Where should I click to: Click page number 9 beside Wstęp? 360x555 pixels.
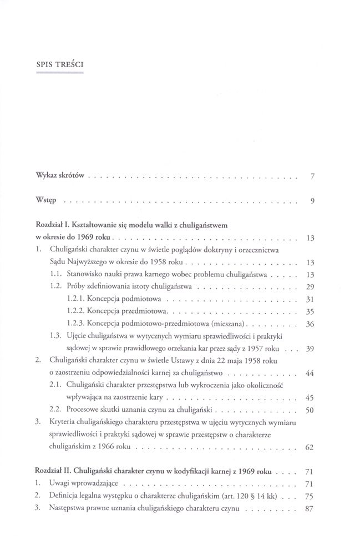coord(313,201)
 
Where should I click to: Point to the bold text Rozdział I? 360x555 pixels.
coord(50,225)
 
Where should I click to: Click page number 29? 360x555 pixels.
coord(311,287)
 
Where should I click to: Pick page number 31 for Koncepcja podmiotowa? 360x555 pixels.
coord(311,299)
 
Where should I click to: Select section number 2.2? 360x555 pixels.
coord(56,410)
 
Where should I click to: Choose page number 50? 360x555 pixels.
coord(311,410)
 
